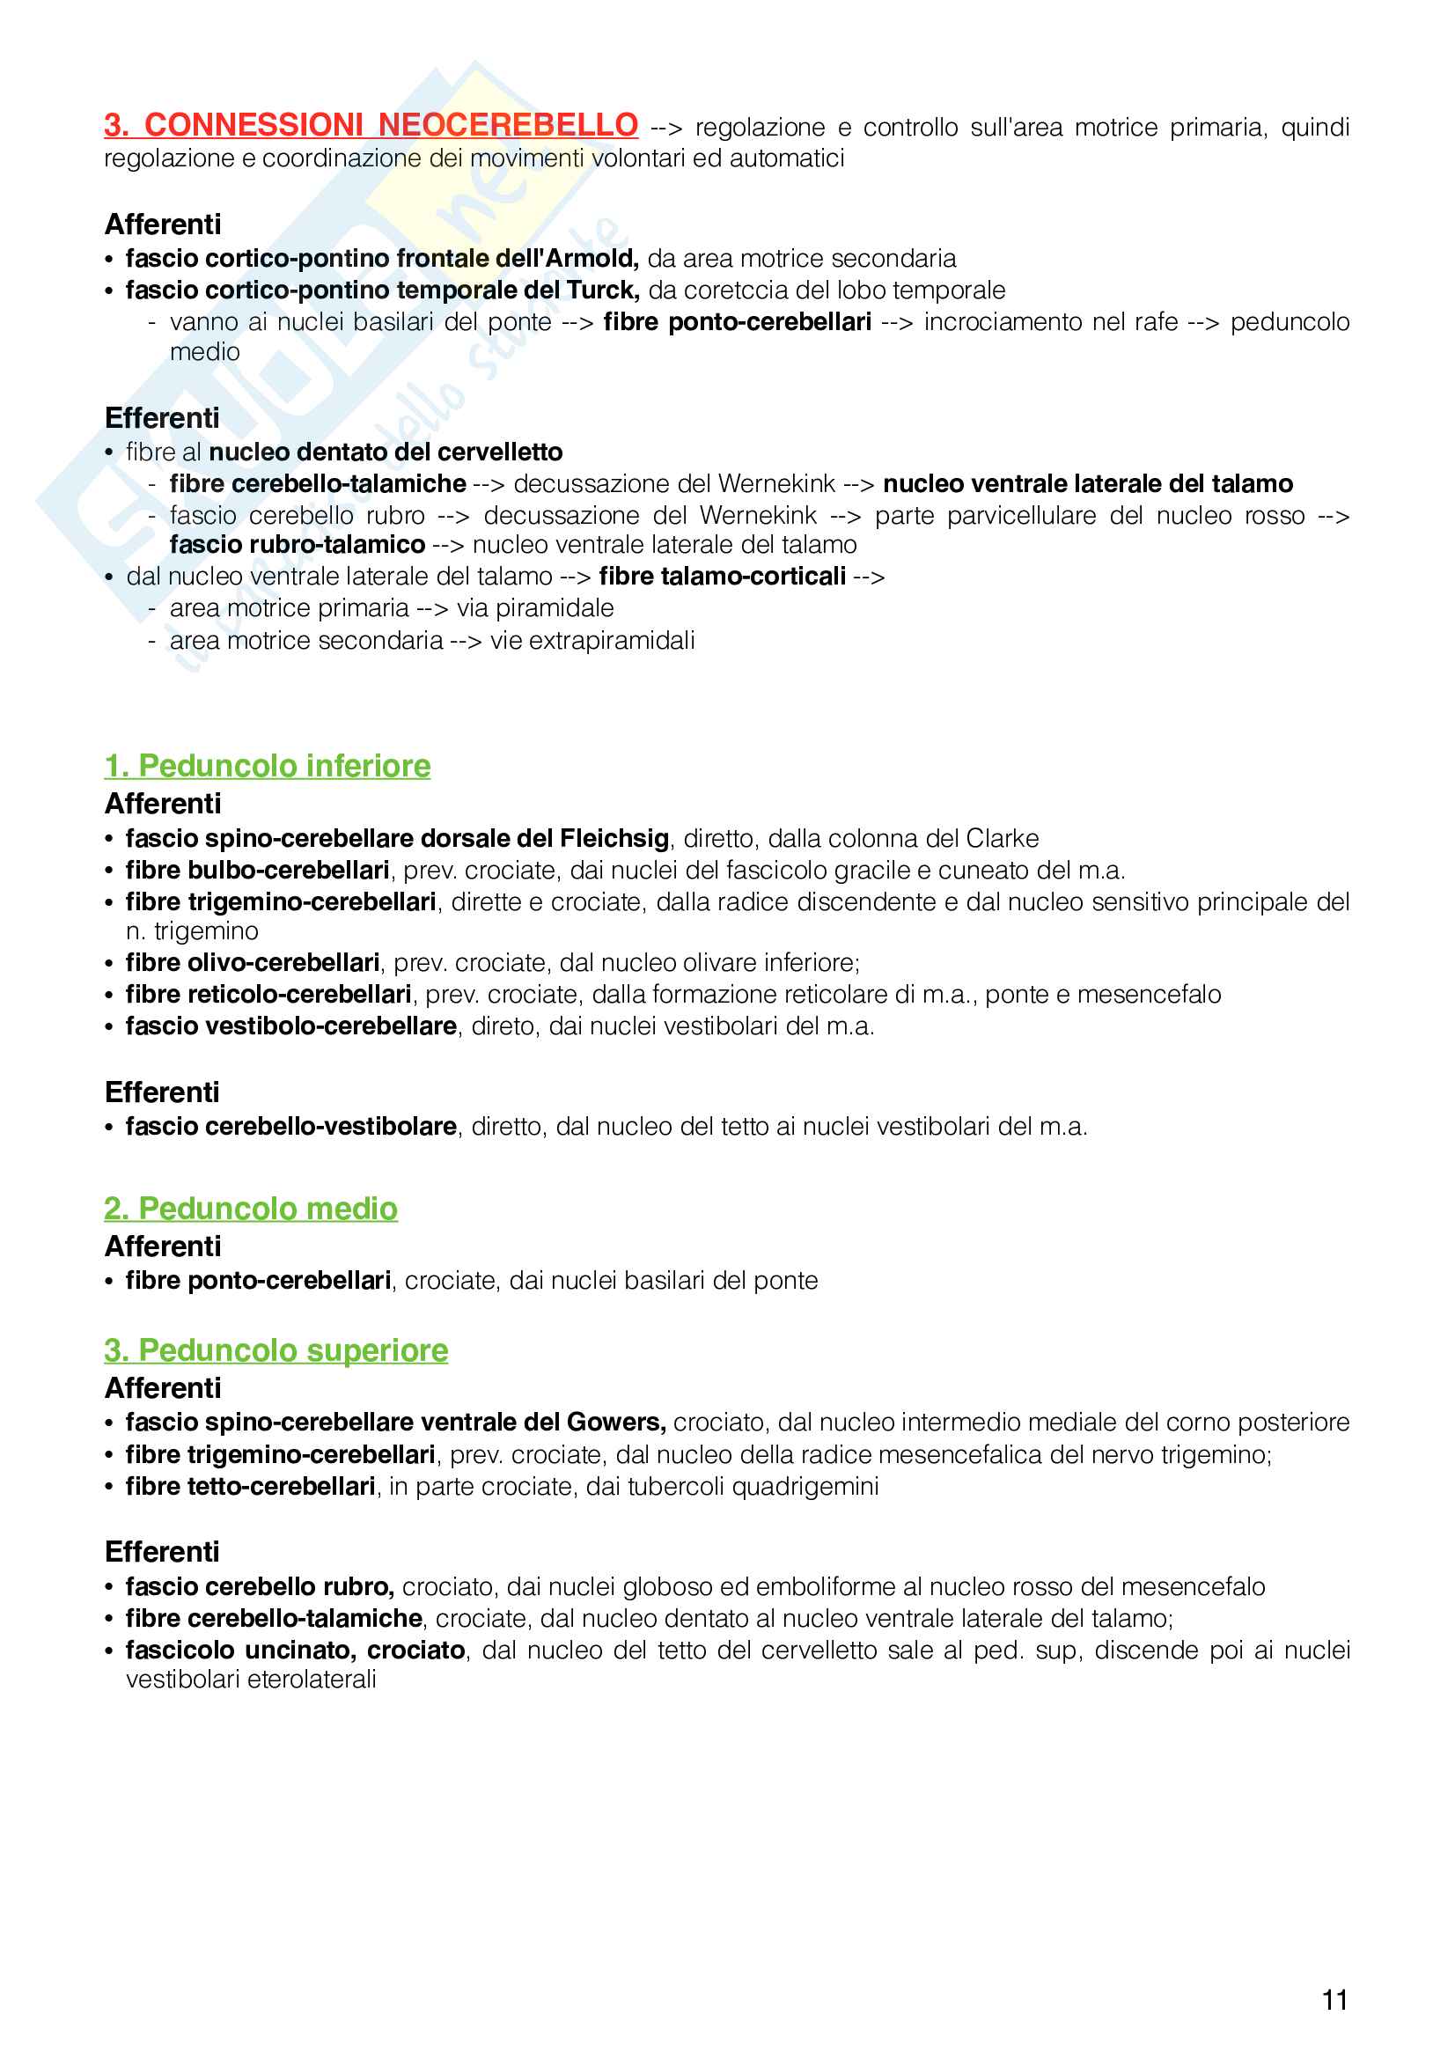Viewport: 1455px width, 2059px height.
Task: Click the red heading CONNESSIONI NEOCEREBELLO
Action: [x=371, y=125]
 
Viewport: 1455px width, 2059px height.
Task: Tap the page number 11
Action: [x=1334, y=2000]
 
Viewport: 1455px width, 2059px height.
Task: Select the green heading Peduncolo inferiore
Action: [x=268, y=766]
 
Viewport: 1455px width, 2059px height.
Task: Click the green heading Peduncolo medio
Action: [x=251, y=1209]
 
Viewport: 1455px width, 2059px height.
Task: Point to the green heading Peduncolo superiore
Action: [x=276, y=1350]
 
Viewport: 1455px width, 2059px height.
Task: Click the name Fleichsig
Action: [x=614, y=839]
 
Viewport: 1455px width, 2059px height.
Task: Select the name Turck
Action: [x=601, y=290]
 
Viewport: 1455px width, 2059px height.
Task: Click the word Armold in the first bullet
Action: [x=592, y=258]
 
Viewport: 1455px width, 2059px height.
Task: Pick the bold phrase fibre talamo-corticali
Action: [x=722, y=577]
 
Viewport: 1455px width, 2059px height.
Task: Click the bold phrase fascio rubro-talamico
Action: [x=297, y=544]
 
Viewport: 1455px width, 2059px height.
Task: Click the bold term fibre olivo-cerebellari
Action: [x=252, y=963]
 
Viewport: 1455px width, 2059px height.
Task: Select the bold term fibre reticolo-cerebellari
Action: [x=268, y=995]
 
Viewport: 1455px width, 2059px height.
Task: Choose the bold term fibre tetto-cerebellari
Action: [x=250, y=1487]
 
